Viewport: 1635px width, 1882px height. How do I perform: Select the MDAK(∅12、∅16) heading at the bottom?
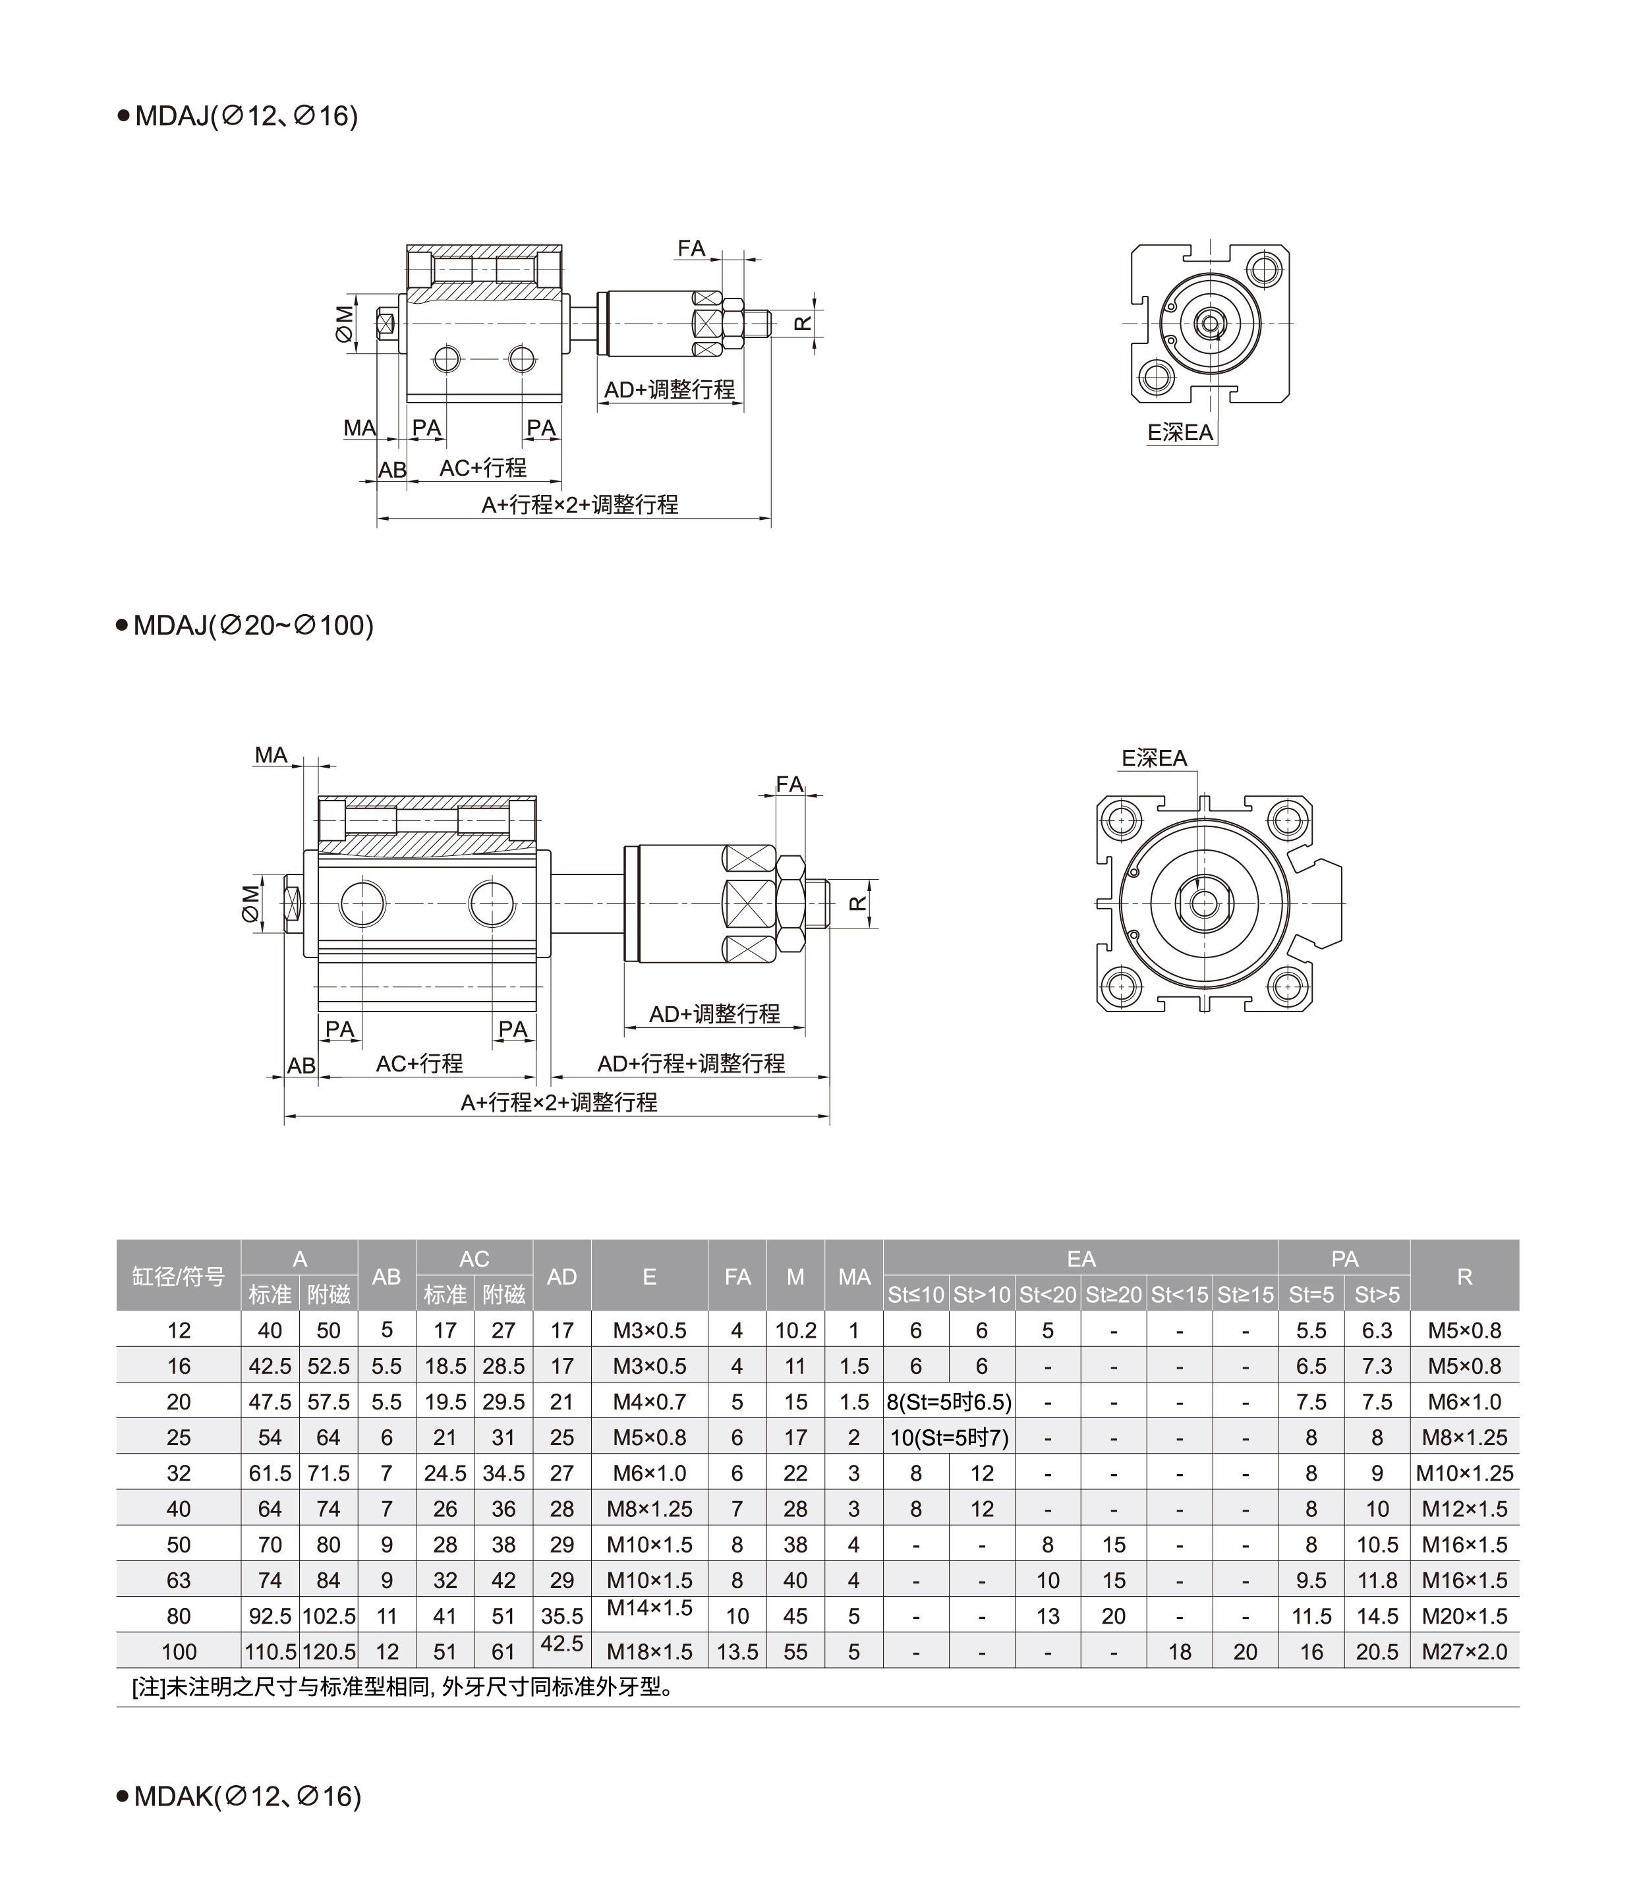click(x=239, y=1796)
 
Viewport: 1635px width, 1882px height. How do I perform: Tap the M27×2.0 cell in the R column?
click(x=1464, y=1651)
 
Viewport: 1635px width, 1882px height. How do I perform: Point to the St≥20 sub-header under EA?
click(x=1113, y=1294)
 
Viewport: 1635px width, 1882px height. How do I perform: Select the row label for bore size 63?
click(x=179, y=1580)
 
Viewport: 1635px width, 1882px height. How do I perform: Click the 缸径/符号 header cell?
click(x=179, y=1276)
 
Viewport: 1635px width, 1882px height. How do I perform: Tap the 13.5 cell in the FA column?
click(x=737, y=1651)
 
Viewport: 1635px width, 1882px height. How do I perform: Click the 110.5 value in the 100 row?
click(x=270, y=1651)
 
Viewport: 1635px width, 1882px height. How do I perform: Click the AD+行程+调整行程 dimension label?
click(x=691, y=1063)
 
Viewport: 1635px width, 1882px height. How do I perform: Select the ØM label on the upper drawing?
click(x=344, y=323)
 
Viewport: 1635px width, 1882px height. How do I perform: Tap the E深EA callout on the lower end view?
click(x=1154, y=757)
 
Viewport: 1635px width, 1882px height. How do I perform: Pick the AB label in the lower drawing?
click(x=301, y=1066)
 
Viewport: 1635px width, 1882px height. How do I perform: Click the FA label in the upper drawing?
click(x=691, y=248)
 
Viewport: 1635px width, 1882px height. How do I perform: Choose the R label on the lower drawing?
click(x=857, y=903)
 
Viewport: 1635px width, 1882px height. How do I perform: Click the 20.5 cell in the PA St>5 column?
click(x=1376, y=1651)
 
